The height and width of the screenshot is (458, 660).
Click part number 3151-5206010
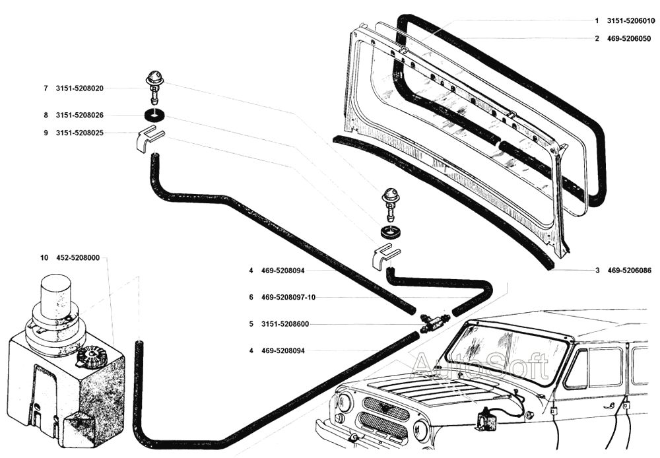[x=631, y=20]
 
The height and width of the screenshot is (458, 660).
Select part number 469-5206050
[x=629, y=38]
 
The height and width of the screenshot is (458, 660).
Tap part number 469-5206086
[x=629, y=270]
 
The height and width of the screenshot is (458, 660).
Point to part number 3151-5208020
[x=84, y=88]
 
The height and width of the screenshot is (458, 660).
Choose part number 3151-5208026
[x=84, y=115]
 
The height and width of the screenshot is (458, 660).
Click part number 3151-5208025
[x=84, y=133]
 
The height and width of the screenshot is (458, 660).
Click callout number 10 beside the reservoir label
[x=44, y=258]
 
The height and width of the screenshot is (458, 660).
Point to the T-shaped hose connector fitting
[x=432, y=321]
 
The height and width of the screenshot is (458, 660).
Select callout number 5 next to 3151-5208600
[x=251, y=324]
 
